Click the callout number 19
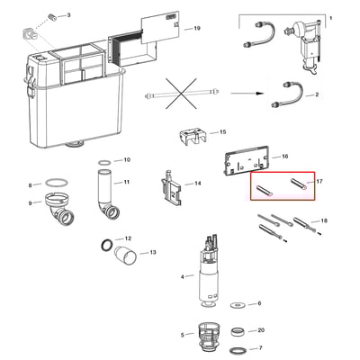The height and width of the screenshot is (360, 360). [197, 29]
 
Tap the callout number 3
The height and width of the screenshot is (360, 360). [68, 14]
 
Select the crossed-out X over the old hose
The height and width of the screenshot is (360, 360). [182, 94]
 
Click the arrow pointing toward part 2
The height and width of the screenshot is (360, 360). [247, 93]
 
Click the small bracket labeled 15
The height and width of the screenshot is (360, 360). [193, 137]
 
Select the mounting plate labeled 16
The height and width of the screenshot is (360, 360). [246, 159]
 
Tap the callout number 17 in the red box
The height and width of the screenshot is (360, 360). [319, 181]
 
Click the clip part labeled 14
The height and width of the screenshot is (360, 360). [171, 188]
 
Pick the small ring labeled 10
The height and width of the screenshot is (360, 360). [104, 162]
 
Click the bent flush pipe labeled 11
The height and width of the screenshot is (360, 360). [105, 195]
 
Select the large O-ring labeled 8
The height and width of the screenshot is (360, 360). [56, 182]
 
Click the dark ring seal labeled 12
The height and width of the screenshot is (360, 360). [107, 245]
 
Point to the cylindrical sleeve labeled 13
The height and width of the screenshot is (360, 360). [126, 256]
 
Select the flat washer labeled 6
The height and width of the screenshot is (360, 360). [238, 305]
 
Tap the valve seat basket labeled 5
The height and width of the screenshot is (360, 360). [210, 336]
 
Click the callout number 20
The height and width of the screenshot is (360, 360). [261, 330]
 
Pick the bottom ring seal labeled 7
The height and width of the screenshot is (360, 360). [238, 350]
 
